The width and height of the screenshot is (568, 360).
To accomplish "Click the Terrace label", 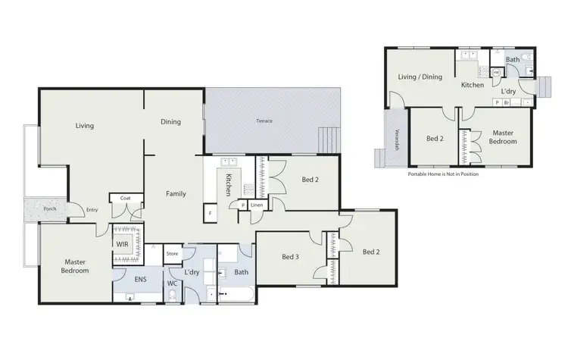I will click(264, 121).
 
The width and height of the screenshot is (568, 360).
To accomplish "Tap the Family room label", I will click(176, 194).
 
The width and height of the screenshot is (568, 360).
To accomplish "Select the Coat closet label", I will click(124, 199).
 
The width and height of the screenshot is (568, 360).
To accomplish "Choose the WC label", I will click(173, 285).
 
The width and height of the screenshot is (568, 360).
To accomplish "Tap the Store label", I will click(172, 253).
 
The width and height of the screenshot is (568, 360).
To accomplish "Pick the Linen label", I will click(257, 205).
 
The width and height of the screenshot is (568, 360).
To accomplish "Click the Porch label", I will click(49, 209).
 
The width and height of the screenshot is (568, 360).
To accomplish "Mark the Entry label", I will click(92, 210).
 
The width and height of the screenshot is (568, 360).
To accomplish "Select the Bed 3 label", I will click(292, 257).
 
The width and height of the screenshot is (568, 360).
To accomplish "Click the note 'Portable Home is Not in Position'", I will click(443, 174).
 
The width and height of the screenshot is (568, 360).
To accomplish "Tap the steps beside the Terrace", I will click(327, 140).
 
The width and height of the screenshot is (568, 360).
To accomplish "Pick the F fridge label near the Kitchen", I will click(210, 214).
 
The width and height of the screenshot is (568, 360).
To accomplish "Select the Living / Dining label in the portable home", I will click(420, 76).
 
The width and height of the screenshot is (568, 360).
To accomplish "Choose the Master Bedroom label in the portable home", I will click(502, 136).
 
